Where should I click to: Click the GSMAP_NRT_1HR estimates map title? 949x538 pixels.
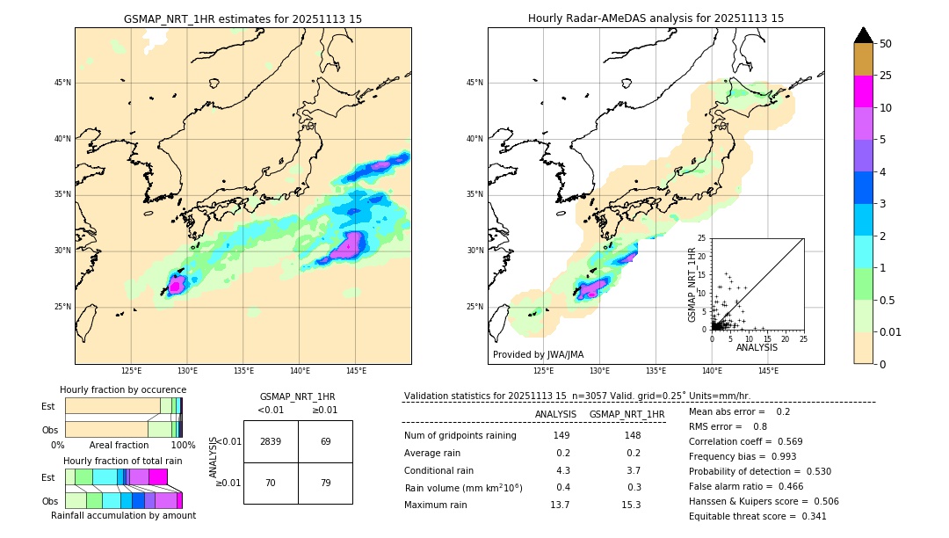click(243, 18)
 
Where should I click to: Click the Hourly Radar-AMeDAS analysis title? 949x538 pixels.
click(656, 18)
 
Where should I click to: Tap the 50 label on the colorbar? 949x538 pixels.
click(886, 44)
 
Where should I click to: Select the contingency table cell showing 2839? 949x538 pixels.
click(271, 441)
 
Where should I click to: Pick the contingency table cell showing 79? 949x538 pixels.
click(325, 483)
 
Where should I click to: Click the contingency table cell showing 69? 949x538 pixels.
click(325, 441)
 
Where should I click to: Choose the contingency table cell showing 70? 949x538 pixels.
click(271, 483)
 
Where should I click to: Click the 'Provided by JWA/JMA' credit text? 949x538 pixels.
click(538, 354)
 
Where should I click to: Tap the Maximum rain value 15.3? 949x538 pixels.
click(632, 505)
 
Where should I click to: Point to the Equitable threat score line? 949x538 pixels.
click(757, 516)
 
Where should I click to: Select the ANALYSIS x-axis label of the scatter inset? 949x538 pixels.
click(757, 347)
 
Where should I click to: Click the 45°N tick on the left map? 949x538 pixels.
click(62, 83)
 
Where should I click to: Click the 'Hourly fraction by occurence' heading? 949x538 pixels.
click(123, 389)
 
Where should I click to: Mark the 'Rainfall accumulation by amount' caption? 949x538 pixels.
click(123, 515)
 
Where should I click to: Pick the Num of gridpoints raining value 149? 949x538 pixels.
click(561, 435)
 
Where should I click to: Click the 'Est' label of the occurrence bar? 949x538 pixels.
click(48, 406)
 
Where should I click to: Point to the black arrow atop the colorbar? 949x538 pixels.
click(864, 35)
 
